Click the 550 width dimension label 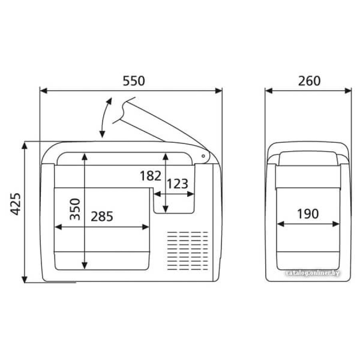click(134, 81)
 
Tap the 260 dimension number click(309, 81)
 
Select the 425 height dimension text click(16, 204)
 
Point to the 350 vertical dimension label click(75, 209)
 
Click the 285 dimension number click(102, 216)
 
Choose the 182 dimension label click(151, 176)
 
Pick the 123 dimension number click(178, 184)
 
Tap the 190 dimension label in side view click(308, 214)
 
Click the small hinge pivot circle click(203, 156)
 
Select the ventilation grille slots click(188, 251)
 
